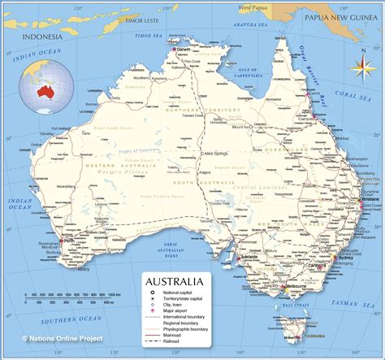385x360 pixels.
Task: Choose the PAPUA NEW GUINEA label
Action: click(x=340, y=15)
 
